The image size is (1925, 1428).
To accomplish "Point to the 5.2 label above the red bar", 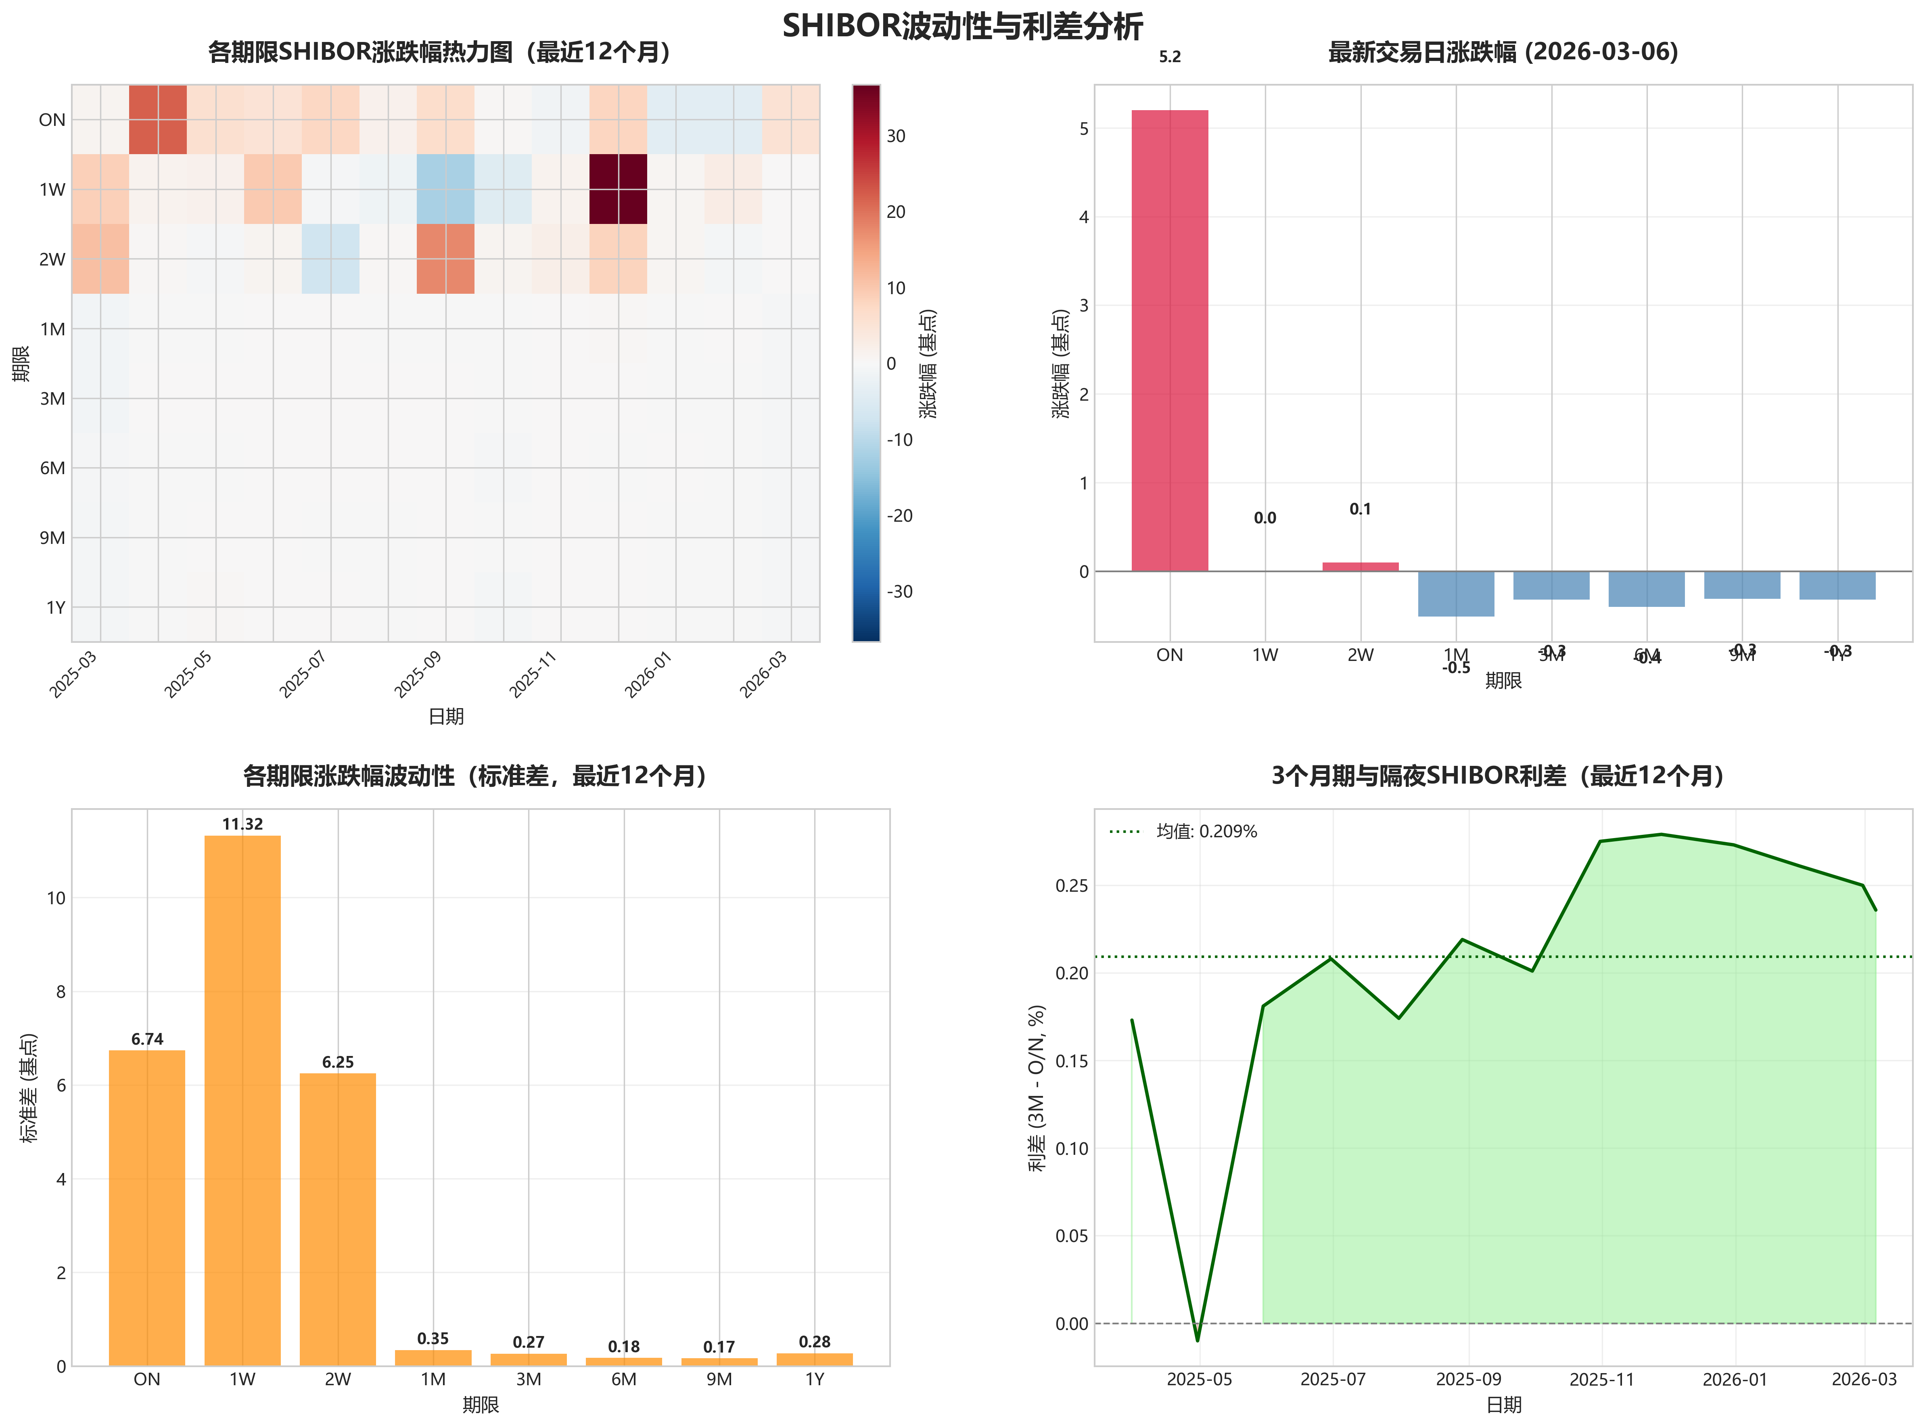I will tap(1170, 57).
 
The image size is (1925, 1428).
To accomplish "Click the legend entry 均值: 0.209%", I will tap(1206, 832).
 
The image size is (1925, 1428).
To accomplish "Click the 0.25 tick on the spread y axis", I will tap(1072, 886).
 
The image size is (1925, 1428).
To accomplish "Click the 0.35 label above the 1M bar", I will tap(433, 1339).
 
